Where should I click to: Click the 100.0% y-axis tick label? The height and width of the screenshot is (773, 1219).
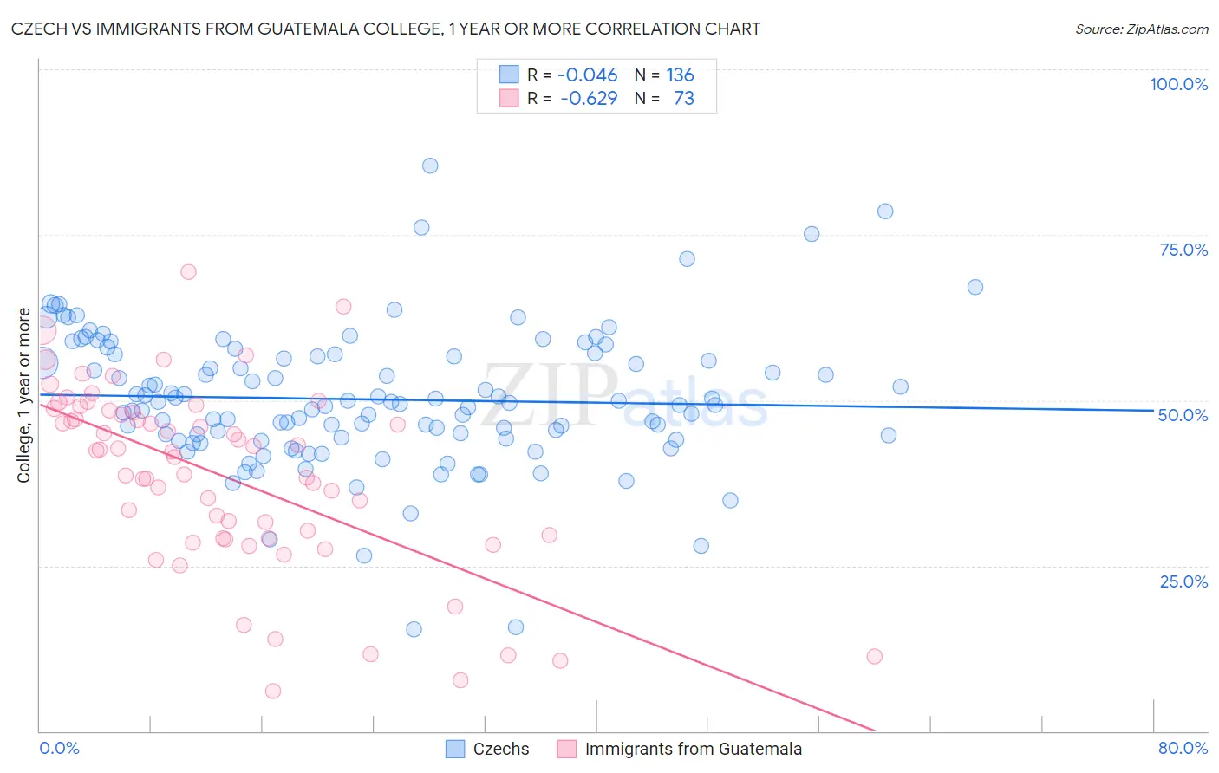tap(1178, 84)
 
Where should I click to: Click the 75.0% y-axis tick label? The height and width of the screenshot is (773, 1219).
tap(1183, 250)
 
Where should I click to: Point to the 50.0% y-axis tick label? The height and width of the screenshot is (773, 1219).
tap(1183, 415)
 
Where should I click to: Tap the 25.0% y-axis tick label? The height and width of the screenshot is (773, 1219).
tap(1183, 581)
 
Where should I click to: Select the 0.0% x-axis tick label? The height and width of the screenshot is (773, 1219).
tap(59, 748)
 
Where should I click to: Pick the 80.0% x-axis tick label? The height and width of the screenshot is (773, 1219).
tap(1183, 748)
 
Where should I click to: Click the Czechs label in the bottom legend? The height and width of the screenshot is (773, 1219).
tap(501, 749)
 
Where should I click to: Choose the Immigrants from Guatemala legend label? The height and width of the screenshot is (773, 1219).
tap(693, 749)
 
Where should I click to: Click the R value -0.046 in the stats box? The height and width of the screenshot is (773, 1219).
tap(587, 75)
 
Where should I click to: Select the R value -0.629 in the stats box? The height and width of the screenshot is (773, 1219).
tap(589, 98)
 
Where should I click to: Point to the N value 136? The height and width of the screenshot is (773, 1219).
tap(680, 75)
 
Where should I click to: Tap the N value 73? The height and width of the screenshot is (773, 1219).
tap(684, 98)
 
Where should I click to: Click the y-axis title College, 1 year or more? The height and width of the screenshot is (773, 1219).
tap(24, 395)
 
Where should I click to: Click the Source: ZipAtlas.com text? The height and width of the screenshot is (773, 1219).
tap(1141, 29)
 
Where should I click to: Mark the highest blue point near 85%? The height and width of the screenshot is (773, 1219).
tap(430, 166)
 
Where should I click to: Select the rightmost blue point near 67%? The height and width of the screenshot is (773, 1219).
tap(975, 287)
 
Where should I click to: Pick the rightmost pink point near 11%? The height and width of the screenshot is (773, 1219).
tap(874, 656)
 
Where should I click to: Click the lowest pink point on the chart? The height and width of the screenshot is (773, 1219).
tap(273, 691)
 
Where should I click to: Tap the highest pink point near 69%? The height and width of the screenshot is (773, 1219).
tap(188, 271)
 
